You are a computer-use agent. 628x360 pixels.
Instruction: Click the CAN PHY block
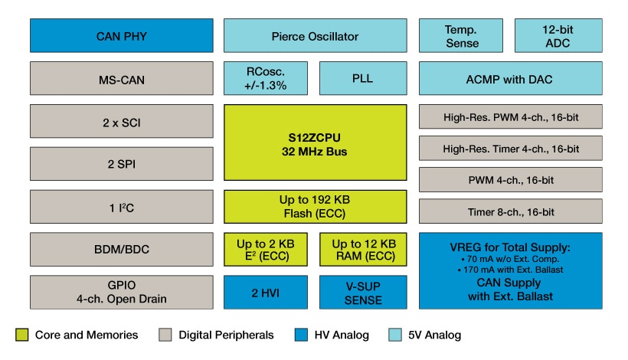click(x=120, y=36)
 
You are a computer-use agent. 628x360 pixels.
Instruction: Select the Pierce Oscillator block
click(x=314, y=36)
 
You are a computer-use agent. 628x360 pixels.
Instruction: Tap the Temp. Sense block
click(x=461, y=36)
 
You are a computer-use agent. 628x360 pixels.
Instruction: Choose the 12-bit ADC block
click(x=558, y=36)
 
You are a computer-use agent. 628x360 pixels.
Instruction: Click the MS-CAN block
click(x=120, y=79)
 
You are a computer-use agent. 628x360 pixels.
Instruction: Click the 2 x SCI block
click(x=120, y=121)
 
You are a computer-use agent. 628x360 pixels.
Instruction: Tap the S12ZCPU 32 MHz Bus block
click(x=314, y=142)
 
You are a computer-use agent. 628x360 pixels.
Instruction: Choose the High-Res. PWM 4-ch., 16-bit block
click(x=510, y=117)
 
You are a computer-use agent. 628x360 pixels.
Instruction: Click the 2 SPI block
click(x=120, y=164)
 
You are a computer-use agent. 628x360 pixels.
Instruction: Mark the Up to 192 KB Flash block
click(x=314, y=206)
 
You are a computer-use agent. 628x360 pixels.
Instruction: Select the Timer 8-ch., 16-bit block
click(x=510, y=211)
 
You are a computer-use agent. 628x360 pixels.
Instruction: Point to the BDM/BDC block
click(x=120, y=249)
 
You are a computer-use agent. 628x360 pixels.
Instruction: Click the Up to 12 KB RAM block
click(x=362, y=250)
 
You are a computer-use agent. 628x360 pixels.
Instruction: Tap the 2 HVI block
click(x=266, y=292)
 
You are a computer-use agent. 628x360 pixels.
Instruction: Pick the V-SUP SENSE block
click(x=362, y=292)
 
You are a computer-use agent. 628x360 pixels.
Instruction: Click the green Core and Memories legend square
click(x=21, y=335)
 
